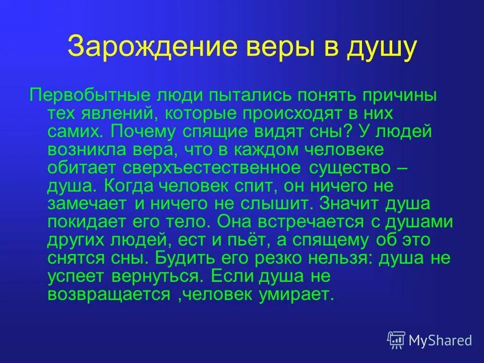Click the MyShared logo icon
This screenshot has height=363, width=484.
(396, 339)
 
